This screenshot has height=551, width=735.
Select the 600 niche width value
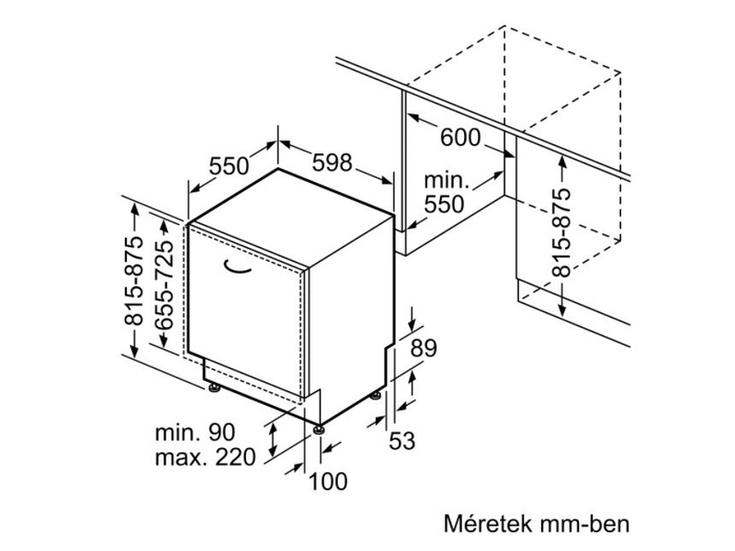pos(460,138)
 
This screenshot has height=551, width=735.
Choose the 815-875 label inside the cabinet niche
pos(561,231)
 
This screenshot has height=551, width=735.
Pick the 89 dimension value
pos(422,348)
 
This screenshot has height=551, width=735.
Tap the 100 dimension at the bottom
pos(328,479)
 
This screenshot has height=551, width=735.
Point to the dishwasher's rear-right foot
pos(377,396)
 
